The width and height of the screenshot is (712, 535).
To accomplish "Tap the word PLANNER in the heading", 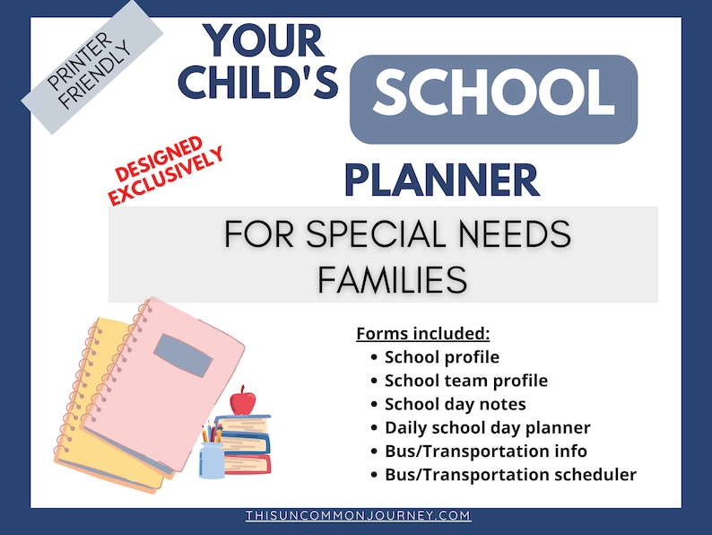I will [442, 180].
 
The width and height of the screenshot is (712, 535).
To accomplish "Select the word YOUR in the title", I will [251, 40].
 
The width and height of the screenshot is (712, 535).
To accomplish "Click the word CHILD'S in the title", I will [258, 82].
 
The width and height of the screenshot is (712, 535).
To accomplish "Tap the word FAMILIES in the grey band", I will [392, 280].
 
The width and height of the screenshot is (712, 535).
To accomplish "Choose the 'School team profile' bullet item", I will [465, 381].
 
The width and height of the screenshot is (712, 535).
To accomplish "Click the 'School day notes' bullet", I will [455, 404].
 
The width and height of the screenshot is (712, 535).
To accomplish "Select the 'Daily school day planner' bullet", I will [487, 427].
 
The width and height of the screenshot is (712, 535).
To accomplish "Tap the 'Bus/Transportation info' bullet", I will [485, 451].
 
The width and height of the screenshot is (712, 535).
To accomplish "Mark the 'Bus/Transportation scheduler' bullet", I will [509, 474].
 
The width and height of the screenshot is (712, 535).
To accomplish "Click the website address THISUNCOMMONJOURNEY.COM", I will [358, 516].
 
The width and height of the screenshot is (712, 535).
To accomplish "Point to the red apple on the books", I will [242, 400].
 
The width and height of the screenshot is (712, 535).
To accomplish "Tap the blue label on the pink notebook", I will [183, 355].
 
